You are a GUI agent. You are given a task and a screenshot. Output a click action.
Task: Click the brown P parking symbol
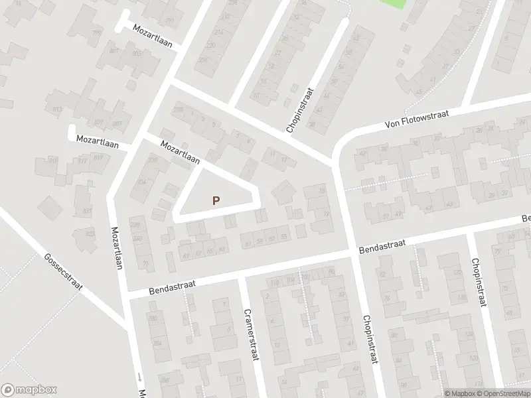tap(215, 200)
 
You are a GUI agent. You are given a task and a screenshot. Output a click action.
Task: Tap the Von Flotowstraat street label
tap(417, 120)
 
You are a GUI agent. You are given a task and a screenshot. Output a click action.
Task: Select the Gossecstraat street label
tap(62, 277)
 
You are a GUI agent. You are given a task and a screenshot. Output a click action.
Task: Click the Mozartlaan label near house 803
tap(152, 37)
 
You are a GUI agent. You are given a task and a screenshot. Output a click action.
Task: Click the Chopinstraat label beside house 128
tap(477, 282)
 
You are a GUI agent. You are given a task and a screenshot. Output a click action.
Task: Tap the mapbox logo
tap(29, 389)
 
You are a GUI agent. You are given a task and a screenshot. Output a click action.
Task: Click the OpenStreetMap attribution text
tap(504, 393)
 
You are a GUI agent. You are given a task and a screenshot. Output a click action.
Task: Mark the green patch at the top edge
tap(392, 3)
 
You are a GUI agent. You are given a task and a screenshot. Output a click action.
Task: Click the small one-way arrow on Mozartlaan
tap(140, 376)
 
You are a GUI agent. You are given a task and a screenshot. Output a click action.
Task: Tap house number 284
tap(157, 342)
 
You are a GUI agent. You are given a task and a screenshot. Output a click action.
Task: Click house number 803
tap(137, 53)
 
